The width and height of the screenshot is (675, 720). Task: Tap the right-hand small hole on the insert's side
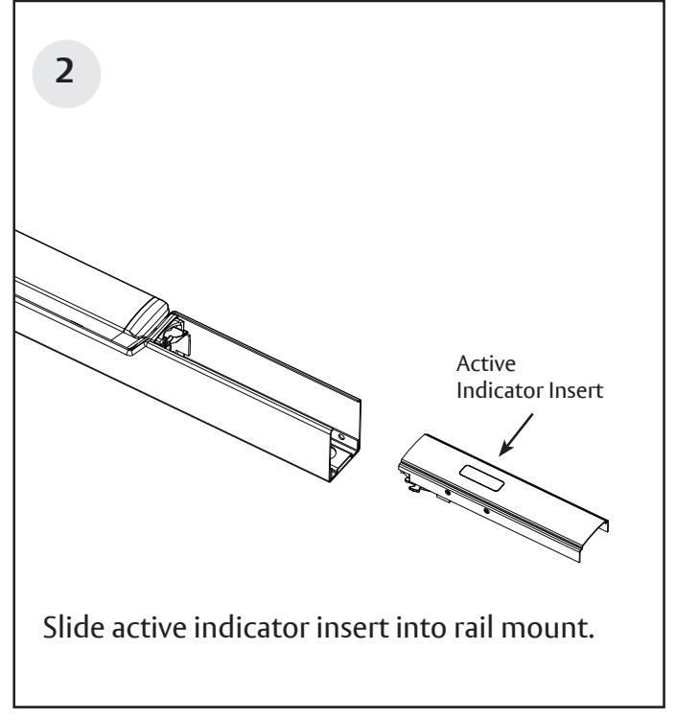487,511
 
